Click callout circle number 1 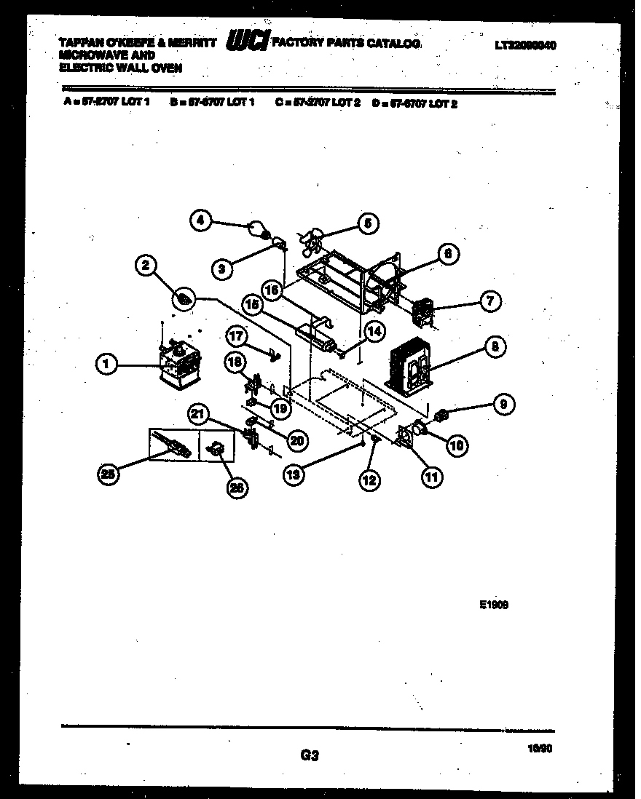[106, 364]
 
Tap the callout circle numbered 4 [202, 221]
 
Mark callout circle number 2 [146, 267]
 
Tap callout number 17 [237, 337]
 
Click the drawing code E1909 [494, 603]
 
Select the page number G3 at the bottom [310, 756]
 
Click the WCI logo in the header [248, 43]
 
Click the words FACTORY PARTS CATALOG [346, 44]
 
